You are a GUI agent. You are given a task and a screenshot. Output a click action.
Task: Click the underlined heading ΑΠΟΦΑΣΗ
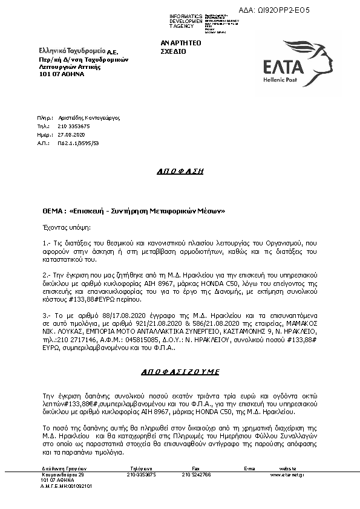(179, 171)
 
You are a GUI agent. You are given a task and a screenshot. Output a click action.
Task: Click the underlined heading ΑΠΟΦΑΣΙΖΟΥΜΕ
(180, 371)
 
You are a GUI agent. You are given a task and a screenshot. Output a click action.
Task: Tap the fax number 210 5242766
(196, 475)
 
